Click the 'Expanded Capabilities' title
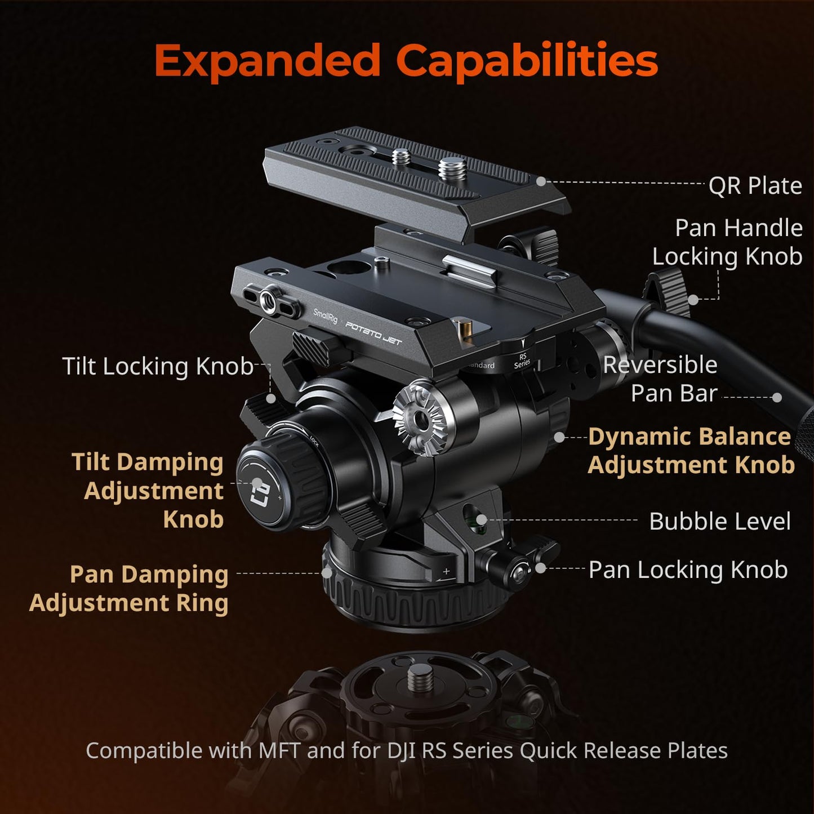click(406, 60)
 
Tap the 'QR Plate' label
click(755, 185)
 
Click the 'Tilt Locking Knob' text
click(158, 366)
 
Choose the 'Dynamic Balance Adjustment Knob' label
click(691, 451)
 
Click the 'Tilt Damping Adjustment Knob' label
click(149, 490)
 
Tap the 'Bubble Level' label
click(719, 521)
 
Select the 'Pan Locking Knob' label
click(687, 570)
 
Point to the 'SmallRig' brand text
click(325, 315)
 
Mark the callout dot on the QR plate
click(541, 181)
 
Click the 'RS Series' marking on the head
click(522, 361)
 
